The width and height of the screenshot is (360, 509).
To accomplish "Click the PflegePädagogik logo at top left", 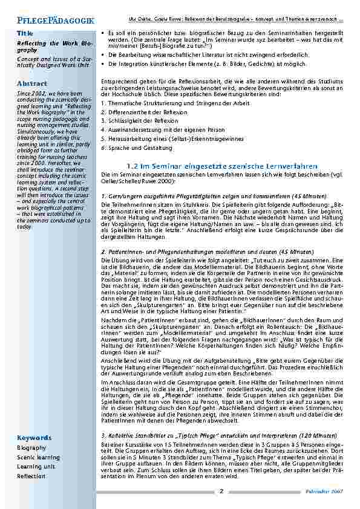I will pos(51,20).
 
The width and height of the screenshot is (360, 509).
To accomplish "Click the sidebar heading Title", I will pos(25,33).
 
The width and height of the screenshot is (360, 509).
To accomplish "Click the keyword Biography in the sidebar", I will pos(31,448).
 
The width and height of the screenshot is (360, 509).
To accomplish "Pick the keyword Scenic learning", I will pos(38,458).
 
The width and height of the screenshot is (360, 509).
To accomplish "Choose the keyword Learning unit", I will pos(36,467).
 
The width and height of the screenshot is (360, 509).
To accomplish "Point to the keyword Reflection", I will pos(31,476).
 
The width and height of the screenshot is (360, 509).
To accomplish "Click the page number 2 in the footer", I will pos(221,491).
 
